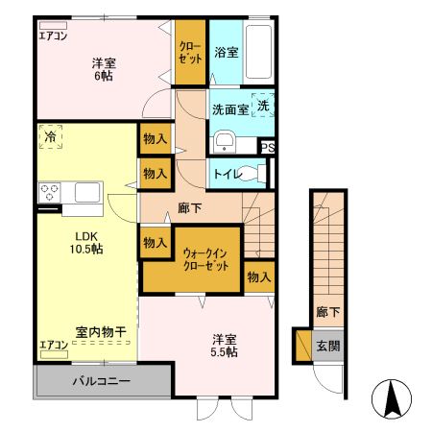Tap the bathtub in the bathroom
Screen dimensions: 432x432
(x=260, y=54)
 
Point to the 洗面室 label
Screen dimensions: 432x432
(x=230, y=109)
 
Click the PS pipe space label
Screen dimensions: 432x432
(x=268, y=148)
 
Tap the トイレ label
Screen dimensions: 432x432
(x=226, y=175)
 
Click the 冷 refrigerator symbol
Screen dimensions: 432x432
(x=50, y=139)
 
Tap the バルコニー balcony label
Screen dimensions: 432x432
(x=102, y=381)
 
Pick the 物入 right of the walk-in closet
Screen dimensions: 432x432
(x=258, y=277)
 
